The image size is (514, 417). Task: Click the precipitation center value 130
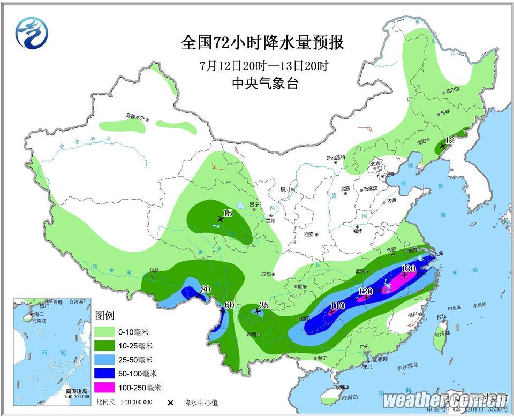(x=409, y=268)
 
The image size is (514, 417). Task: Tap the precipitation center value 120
(x=366, y=292)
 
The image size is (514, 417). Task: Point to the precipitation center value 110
(x=337, y=306)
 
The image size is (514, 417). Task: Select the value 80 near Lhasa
(x=206, y=290)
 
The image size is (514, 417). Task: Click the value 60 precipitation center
(x=230, y=305)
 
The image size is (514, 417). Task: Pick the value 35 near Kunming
(x=263, y=306)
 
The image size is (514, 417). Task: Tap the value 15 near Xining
(x=227, y=214)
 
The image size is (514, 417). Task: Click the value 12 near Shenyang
(x=450, y=140)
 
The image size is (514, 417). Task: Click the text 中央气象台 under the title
(x=264, y=83)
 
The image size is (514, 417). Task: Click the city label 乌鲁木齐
(x=135, y=116)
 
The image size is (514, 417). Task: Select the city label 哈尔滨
(x=453, y=92)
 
